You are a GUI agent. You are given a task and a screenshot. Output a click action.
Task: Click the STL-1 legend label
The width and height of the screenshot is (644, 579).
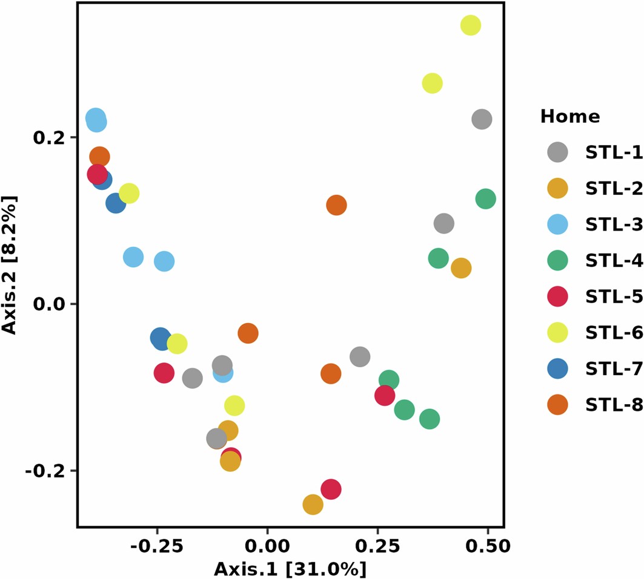[614, 153]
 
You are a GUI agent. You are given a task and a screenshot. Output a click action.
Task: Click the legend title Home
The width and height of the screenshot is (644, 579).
[570, 117]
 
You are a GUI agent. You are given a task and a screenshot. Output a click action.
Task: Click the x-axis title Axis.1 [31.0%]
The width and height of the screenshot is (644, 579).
[290, 569]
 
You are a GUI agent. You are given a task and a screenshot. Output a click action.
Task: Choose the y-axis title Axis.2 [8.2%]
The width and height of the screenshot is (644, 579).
[10, 264]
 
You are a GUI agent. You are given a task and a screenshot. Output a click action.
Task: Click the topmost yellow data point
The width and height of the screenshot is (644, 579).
[471, 25]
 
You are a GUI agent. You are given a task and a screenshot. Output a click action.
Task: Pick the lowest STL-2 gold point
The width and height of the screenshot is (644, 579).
[313, 504]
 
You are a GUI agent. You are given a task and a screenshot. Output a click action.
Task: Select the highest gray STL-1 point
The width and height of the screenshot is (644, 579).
[482, 119]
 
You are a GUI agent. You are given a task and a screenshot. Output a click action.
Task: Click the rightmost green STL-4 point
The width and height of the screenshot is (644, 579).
[486, 198]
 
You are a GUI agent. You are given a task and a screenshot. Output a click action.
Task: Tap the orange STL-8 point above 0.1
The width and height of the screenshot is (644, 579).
[336, 205]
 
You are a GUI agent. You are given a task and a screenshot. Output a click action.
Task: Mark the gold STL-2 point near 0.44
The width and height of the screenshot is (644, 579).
[461, 268]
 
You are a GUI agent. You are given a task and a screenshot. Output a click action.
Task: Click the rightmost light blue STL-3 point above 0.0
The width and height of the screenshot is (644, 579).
[164, 261]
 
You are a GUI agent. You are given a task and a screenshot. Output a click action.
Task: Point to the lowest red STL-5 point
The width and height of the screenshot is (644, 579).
[331, 489]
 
